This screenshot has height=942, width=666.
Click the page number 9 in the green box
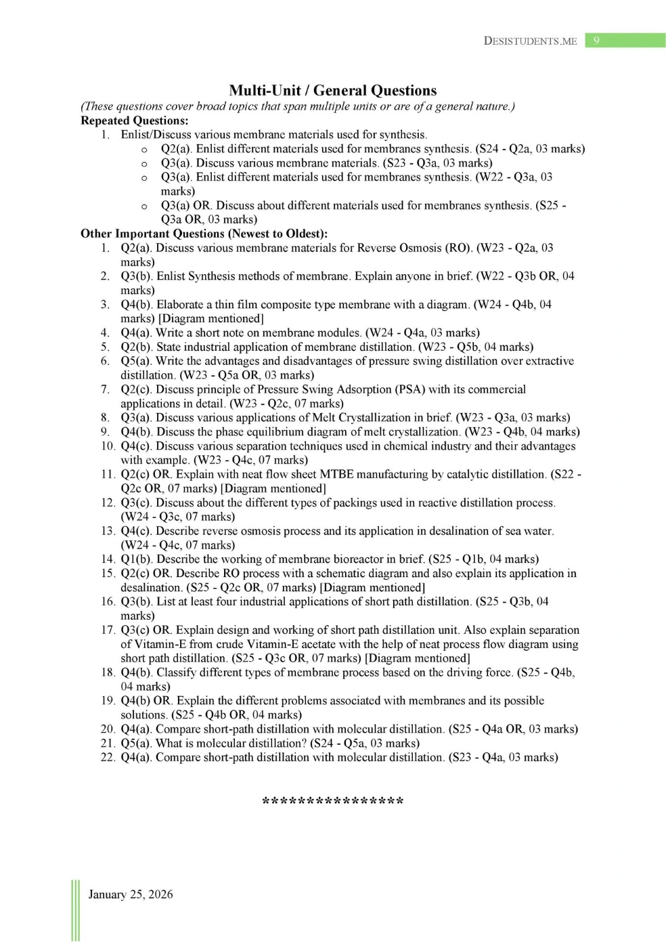tap(596, 41)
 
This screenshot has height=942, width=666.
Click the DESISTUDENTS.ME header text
tap(530, 41)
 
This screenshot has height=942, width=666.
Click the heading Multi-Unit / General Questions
tap(332, 91)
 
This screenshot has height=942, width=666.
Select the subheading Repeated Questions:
tap(134, 121)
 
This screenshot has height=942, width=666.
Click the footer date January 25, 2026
tap(131, 895)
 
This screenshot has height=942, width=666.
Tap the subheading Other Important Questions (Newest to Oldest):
tap(204, 234)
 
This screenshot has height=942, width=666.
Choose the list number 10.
tap(108, 446)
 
